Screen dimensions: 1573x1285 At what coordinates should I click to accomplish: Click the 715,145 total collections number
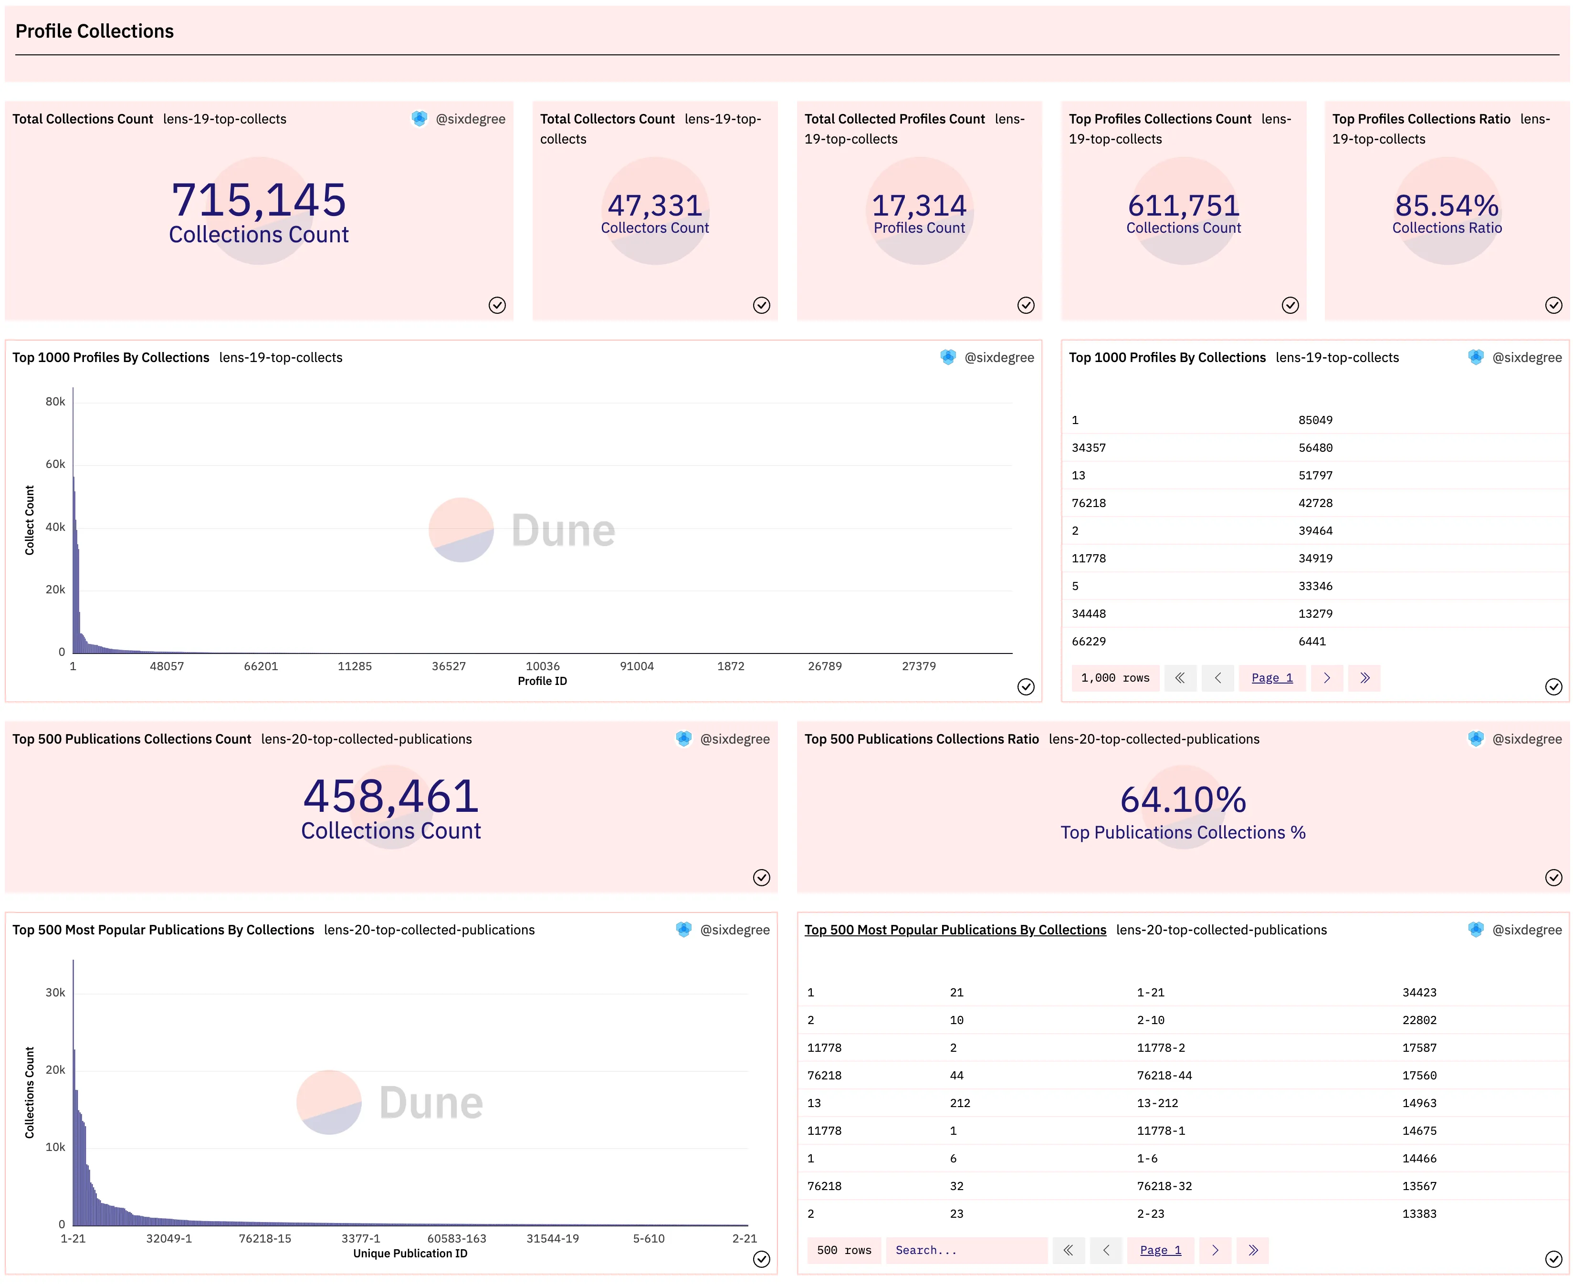pos(259,200)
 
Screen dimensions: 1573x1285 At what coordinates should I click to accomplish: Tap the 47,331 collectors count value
pos(655,205)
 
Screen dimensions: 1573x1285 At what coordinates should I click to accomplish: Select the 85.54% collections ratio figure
pos(1447,205)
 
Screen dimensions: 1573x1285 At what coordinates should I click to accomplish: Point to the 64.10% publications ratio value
pos(1183,799)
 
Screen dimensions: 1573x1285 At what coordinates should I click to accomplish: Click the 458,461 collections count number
pos(391,797)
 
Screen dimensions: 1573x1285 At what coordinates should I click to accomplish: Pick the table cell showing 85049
pos(1315,420)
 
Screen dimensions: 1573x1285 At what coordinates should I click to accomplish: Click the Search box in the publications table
pos(966,1250)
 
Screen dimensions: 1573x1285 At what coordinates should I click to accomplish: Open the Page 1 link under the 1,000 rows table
pos(1271,678)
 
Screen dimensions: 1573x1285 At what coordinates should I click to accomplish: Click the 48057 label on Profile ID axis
pos(167,666)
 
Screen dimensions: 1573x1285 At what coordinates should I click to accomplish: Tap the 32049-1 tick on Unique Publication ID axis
pos(169,1238)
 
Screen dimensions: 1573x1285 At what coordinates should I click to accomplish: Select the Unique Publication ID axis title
pos(410,1253)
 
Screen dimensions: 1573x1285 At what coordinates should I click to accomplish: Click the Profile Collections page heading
pos(95,31)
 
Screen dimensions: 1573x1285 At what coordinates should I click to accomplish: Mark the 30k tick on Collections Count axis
pos(55,993)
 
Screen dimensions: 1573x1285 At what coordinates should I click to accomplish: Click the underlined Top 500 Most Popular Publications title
pos(955,930)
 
